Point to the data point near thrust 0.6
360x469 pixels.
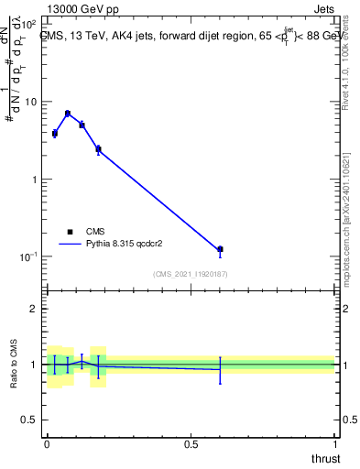click(x=220, y=249)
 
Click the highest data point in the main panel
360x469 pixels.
click(x=68, y=114)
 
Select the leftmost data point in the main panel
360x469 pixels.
click(x=55, y=133)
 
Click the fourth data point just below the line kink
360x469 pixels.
click(x=98, y=148)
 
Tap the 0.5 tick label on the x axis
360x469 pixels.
click(x=191, y=443)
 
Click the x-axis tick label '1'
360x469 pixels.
click(x=335, y=443)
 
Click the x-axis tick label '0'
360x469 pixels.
click(x=47, y=443)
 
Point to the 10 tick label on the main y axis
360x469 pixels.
click(x=29, y=102)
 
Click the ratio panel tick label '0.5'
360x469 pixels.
click(x=30, y=420)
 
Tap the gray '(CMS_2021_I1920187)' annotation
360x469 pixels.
click(x=191, y=274)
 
